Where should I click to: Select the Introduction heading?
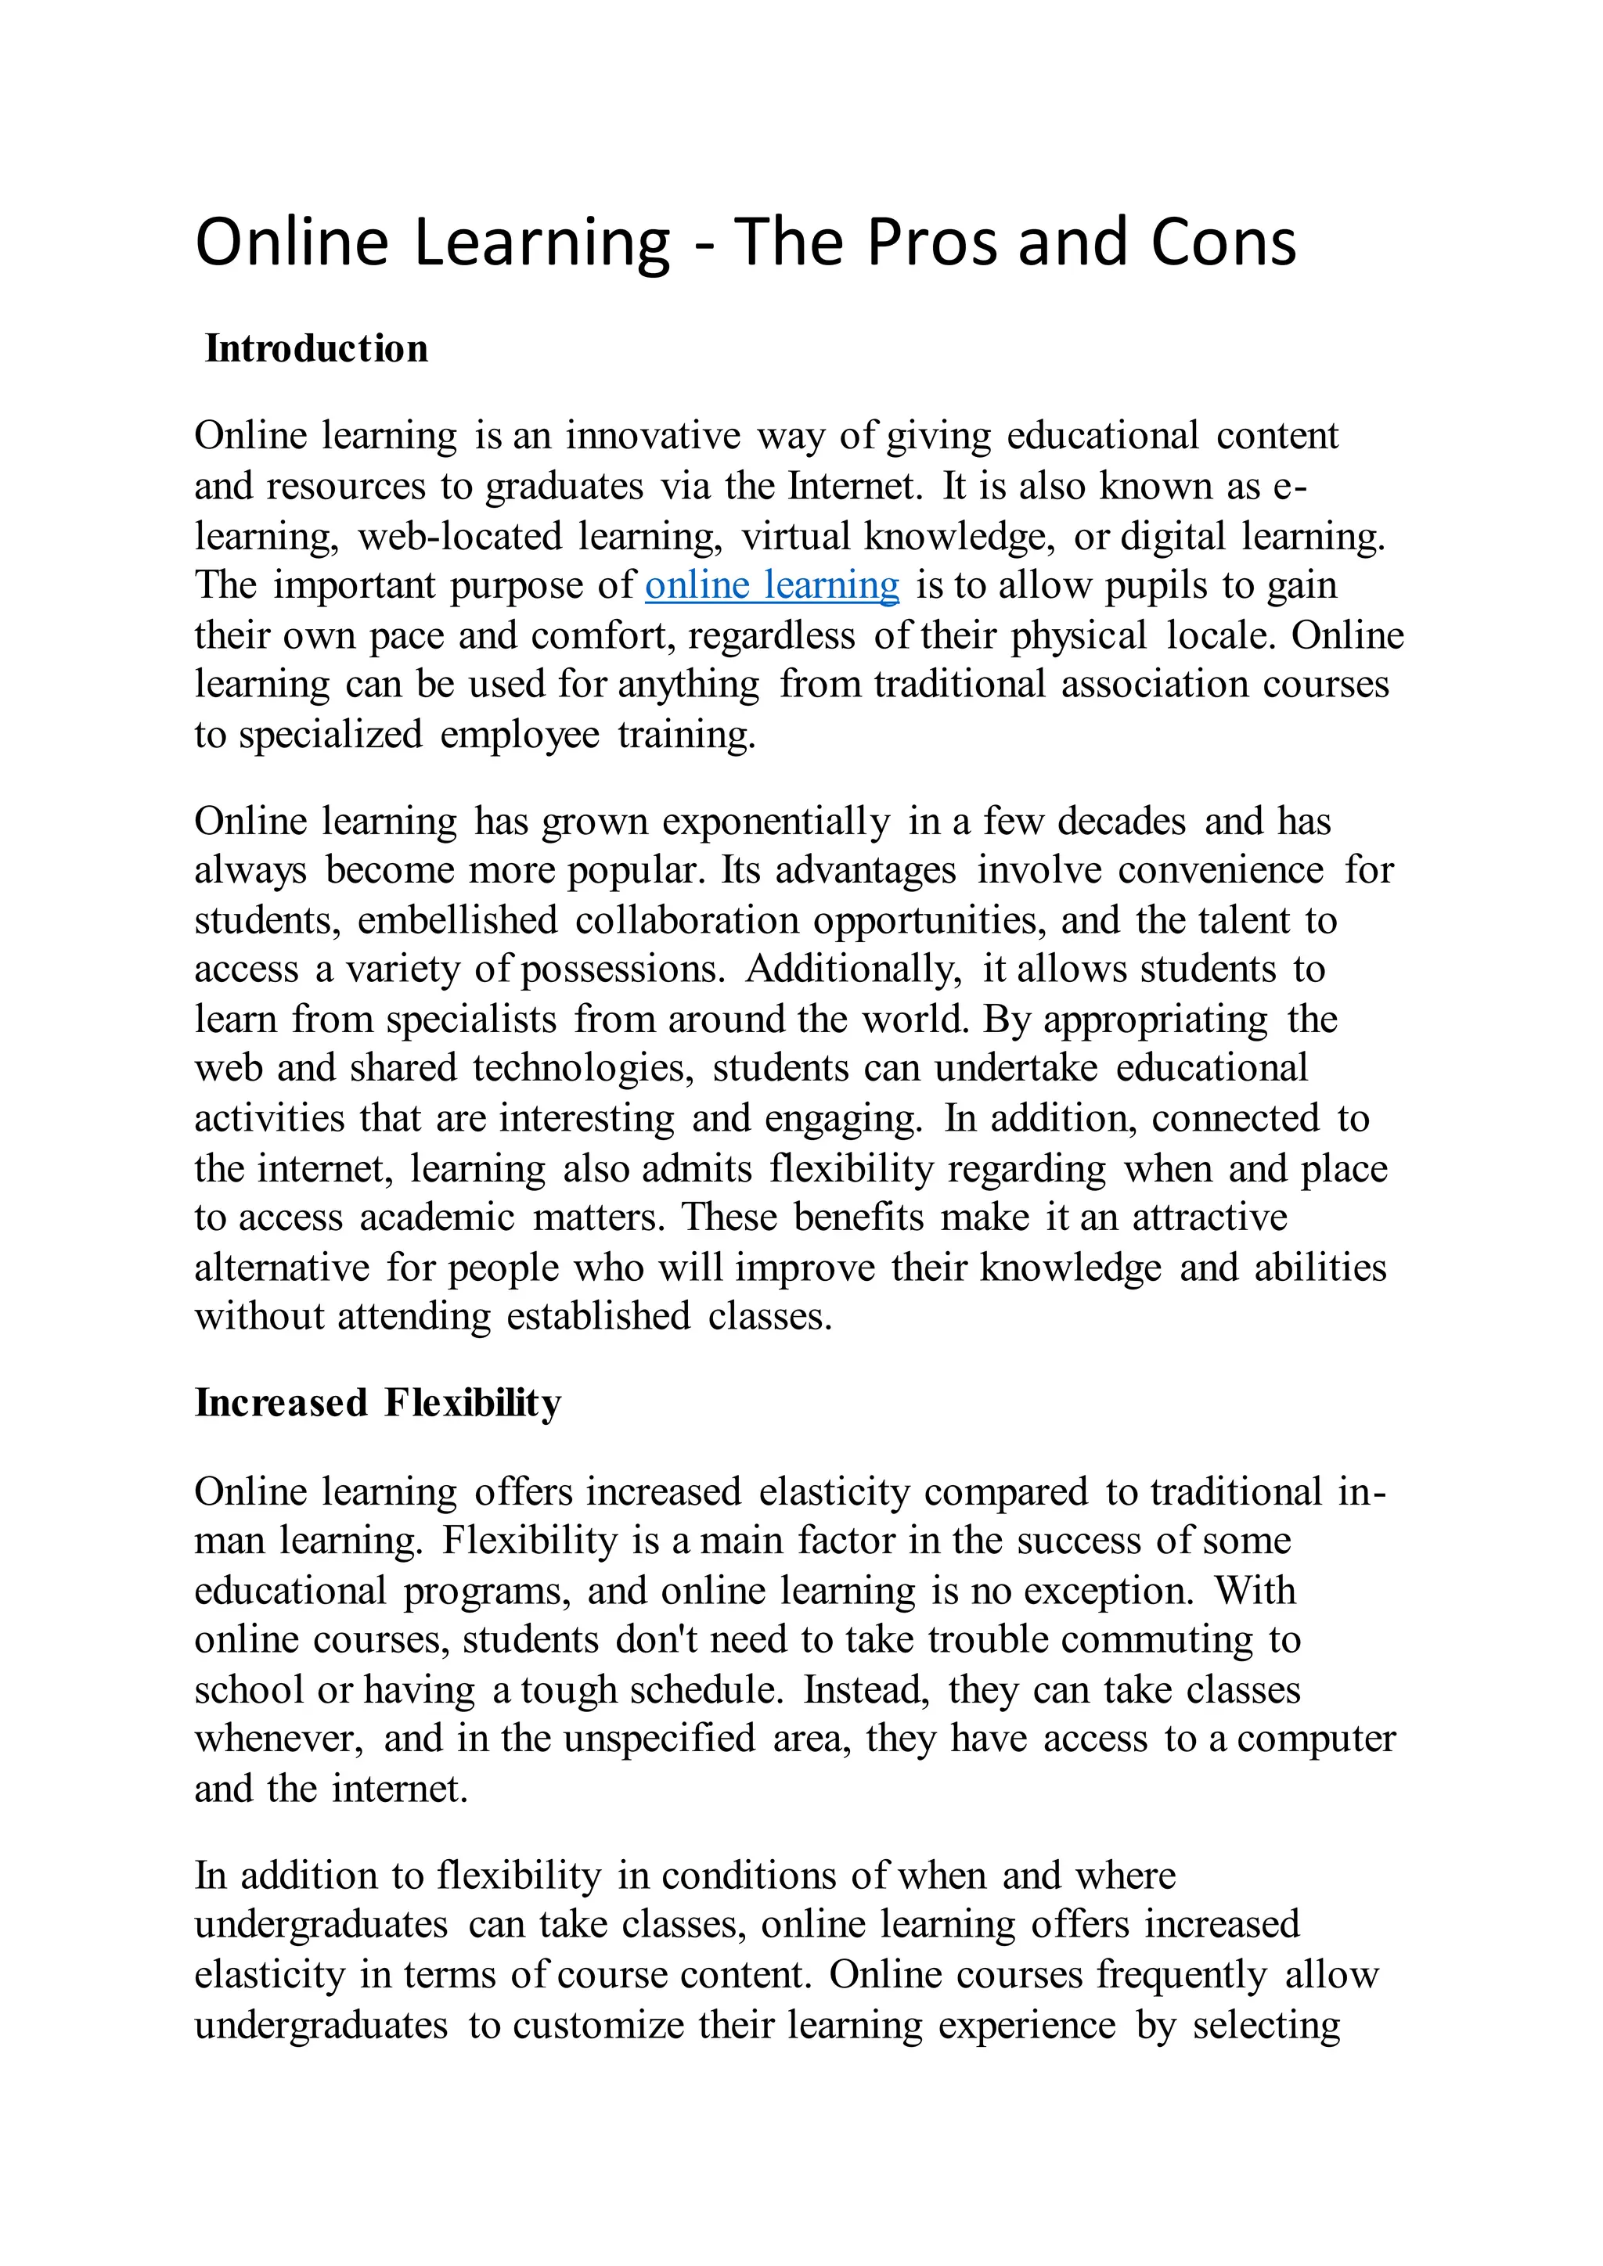click(316, 350)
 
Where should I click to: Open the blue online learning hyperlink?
click(772, 585)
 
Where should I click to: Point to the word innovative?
click(653, 435)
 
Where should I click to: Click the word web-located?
click(460, 536)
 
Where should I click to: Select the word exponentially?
click(776, 821)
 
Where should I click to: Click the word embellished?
click(458, 920)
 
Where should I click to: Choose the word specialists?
click(472, 1020)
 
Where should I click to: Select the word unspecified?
click(659, 1738)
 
